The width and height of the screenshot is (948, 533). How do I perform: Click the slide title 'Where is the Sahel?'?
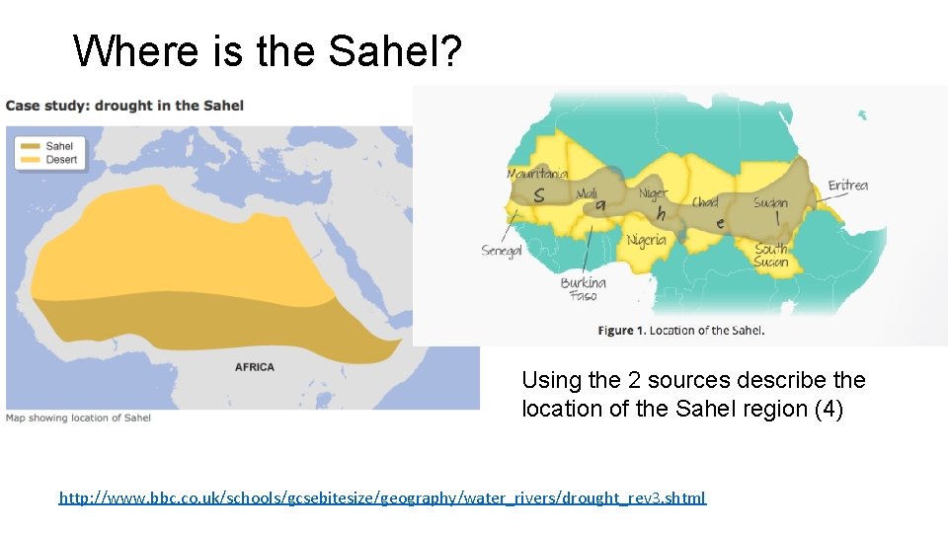[x=267, y=50]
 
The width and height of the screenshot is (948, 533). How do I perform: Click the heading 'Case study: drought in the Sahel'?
[x=124, y=106]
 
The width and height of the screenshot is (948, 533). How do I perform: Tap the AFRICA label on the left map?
[x=255, y=367]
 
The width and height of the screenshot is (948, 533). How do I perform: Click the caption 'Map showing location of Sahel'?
[x=79, y=418]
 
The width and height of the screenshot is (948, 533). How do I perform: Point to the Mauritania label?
[x=537, y=174]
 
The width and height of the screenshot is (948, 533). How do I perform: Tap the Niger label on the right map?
[x=653, y=193]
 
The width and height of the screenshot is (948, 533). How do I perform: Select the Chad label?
[x=705, y=201]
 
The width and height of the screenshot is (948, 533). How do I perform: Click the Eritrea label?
[x=847, y=186]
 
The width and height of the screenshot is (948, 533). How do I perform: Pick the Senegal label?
[x=501, y=251]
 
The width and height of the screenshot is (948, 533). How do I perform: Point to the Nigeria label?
[x=647, y=240]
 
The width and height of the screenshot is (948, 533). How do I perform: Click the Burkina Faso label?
[x=583, y=289]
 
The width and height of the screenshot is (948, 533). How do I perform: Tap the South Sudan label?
[x=771, y=256]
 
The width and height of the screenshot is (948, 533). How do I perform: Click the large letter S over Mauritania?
[x=538, y=195]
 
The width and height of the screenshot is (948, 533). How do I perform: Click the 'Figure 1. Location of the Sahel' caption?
[x=681, y=331]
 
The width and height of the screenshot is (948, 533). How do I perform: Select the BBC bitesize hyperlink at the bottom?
[x=382, y=498]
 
